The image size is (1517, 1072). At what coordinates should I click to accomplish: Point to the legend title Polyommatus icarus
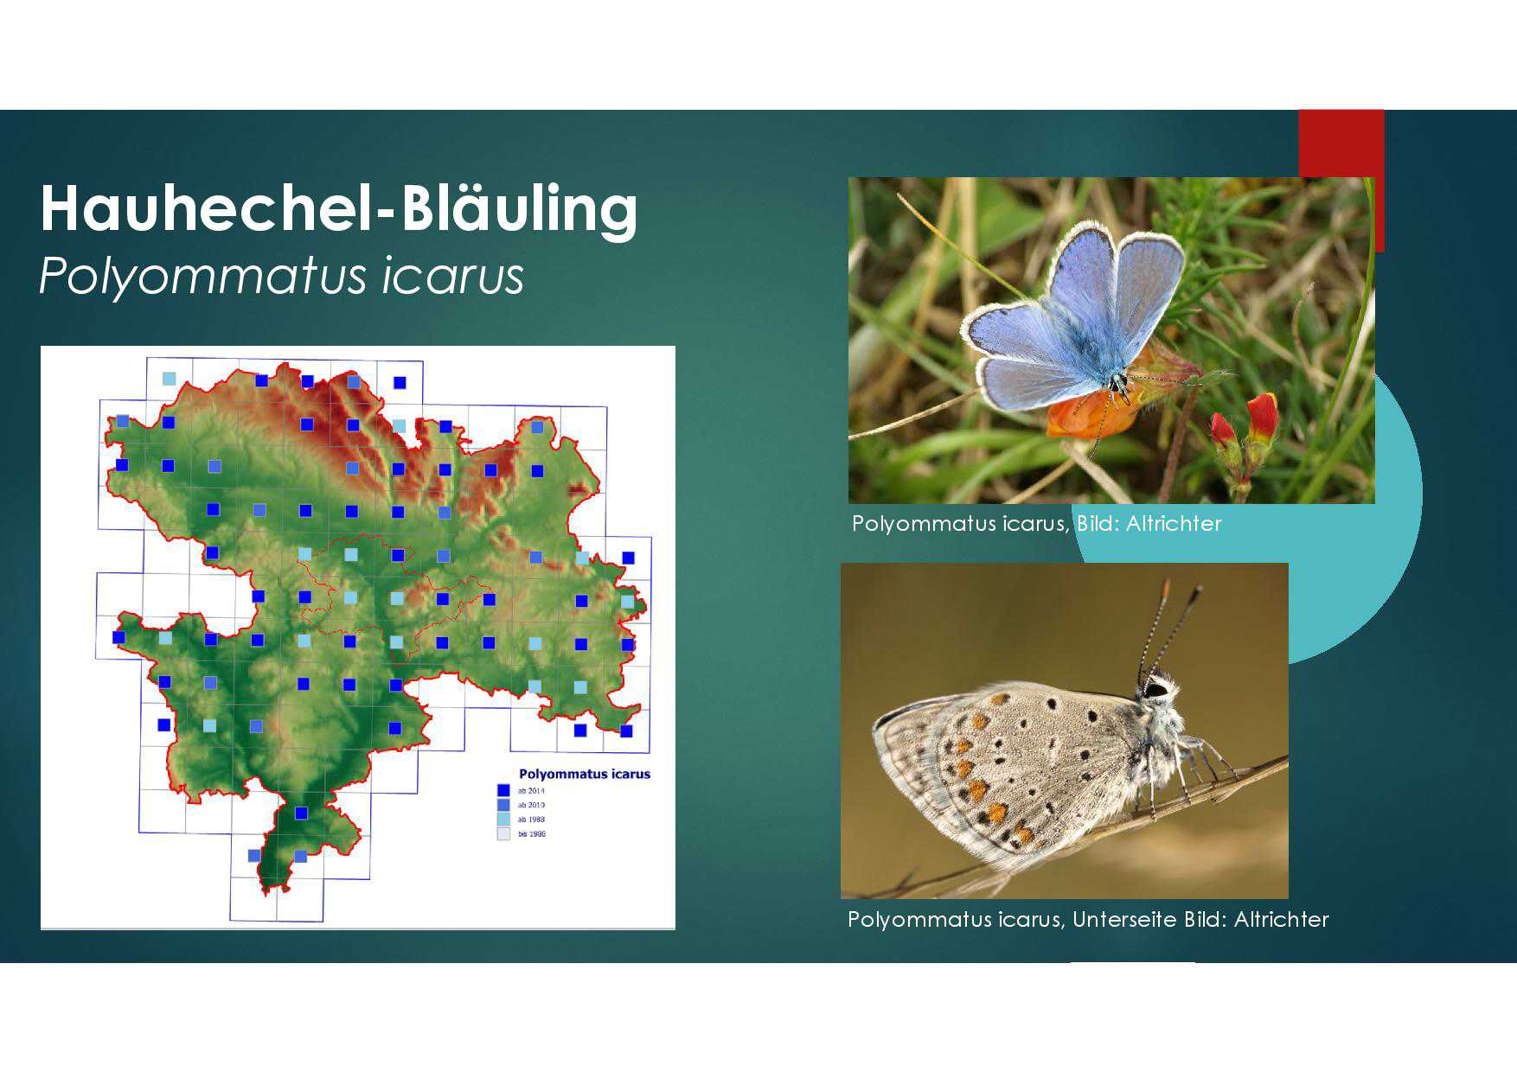(x=584, y=774)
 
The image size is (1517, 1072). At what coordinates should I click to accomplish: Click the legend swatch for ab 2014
(x=503, y=790)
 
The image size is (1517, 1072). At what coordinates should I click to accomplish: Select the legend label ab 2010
(x=531, y=805)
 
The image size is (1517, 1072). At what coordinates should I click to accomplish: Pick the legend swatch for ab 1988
(x=503, y=819)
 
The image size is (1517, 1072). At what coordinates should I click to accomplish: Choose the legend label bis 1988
(x=532, y=834)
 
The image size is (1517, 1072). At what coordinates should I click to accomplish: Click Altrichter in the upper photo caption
(x=1174, y=524)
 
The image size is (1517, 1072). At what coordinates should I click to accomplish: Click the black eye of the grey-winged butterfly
(x=1155, y=690)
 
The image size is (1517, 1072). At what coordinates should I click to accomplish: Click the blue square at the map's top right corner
(x=400, y=382)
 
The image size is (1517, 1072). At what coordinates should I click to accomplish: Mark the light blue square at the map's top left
(x=169, y=379)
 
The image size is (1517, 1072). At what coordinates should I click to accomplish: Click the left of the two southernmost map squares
(x=254, y=856)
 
